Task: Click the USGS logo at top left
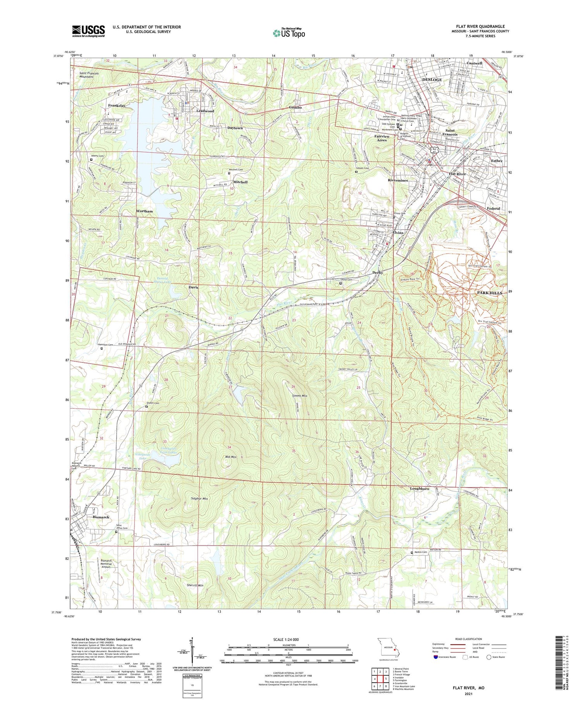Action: (88, 31)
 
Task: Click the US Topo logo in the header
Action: (289, 33)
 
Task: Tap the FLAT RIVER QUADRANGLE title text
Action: (480, 26)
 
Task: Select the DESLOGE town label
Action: (431, 79)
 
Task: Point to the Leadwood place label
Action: (205, 111)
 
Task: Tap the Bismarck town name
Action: (101, 517)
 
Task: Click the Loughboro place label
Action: (419, 489)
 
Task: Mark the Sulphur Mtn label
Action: (199, 499)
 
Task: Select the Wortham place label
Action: (144, 211)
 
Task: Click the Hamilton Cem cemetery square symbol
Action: (102, 348)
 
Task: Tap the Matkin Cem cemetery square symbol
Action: (412, 553)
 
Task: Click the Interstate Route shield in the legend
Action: (436, 657)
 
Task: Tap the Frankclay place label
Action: (117, 105)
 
